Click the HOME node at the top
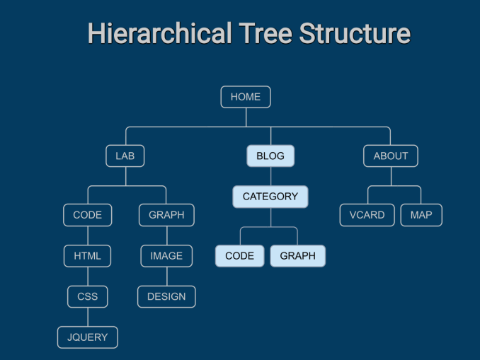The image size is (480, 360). coord(246,97)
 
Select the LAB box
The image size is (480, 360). coord(125,156)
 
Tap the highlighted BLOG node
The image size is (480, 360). coord(270,156)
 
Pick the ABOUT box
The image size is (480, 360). coord(391,156)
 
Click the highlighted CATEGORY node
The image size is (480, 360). coord(270,197)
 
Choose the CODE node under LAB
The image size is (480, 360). coord(88,215)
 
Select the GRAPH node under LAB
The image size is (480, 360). coord(166,215)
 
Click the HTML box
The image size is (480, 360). coord(88,256)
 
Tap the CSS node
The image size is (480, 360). coord(88,296)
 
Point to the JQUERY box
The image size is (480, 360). coord(88,337)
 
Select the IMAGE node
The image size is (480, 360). coord(166,256)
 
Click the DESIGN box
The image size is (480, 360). coord(166,296)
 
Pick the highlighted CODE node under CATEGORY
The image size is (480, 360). coord(240,256)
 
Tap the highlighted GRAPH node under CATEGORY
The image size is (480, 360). coord(298,256)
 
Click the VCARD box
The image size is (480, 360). coord(367,215)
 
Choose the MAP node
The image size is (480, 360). coord(421,215)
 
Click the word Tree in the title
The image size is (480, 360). coord(265,33)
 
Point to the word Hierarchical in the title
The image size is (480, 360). coord(159,33)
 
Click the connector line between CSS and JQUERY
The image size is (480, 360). coord(88,317)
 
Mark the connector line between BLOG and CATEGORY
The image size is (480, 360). coord(270,177)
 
